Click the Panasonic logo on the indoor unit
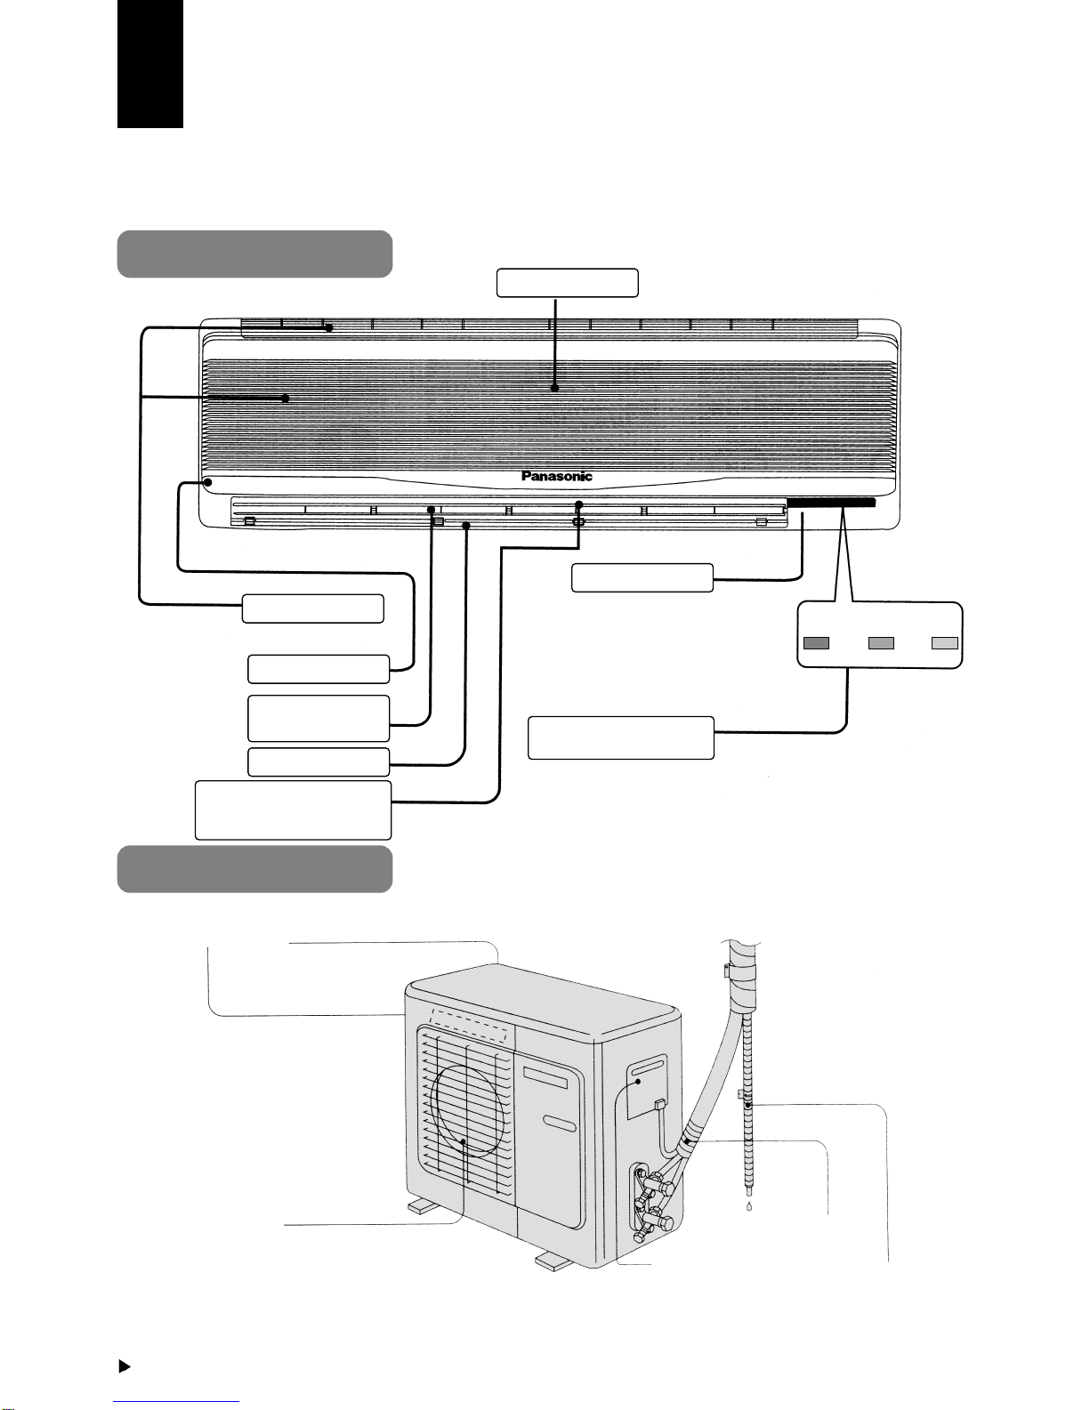tap(556, 476)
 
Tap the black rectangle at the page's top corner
tap(150, 63)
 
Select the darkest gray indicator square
tap(816, 643)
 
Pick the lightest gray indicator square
tap(944, 643)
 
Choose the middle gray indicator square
tap(881, 643)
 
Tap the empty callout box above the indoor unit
tap(567, 283)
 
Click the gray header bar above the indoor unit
tap(254, 254)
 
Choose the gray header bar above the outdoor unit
tap(254, 869)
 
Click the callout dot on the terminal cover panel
tap(637, 1082)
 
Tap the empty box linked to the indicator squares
tap(620, 737)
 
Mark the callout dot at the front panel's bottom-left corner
tap(207, 481)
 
